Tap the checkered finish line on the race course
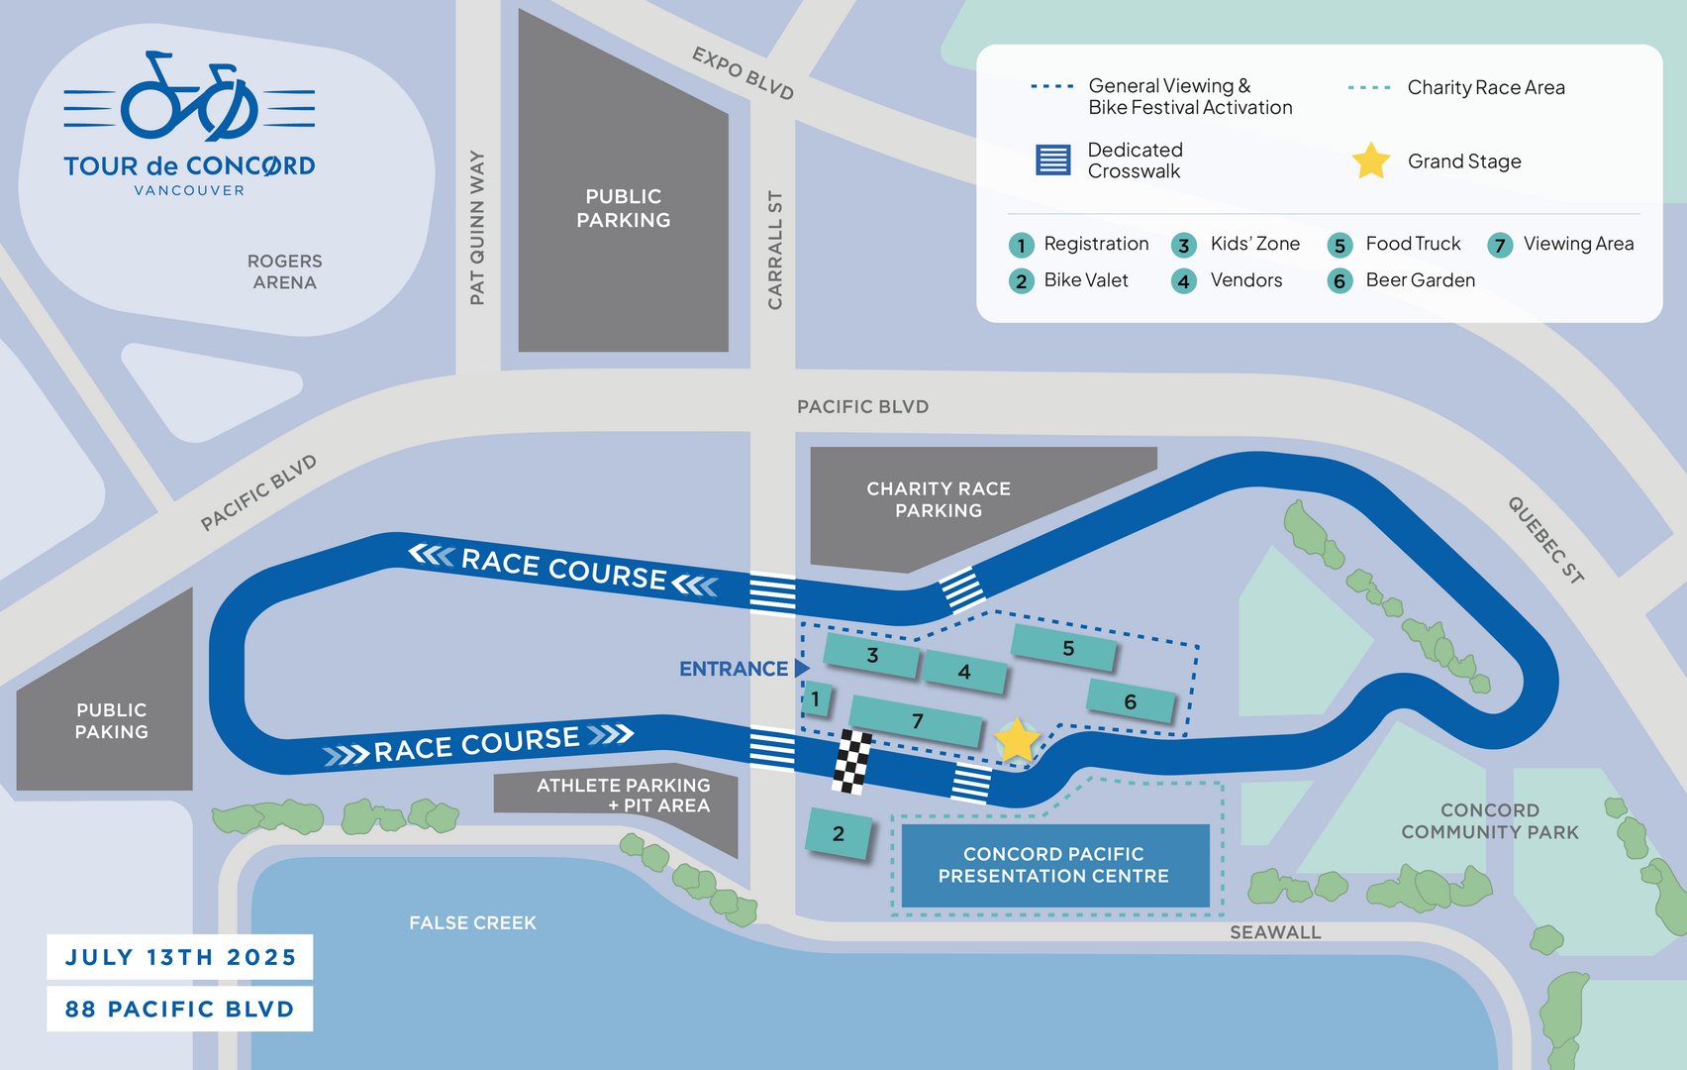(851, 761)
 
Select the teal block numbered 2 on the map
(839, 833)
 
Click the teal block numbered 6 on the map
(1131, 701)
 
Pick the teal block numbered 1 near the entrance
(817, 699)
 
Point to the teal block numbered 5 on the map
(1063, 647)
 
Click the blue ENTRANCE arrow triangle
(802, 668)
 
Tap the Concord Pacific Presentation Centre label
(1053, 865)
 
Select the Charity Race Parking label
(939, 498)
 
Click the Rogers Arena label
(285, 271)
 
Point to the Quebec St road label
(1545, 540)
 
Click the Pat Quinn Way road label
(477, 228)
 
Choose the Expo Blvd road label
(743, 73)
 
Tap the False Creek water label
(473, 922)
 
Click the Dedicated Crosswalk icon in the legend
(1052, 160)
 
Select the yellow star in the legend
(1370, 160)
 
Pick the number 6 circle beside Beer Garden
(1340, 281)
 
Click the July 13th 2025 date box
(180, 957)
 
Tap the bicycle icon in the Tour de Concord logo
(189, 96)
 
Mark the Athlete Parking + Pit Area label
(623, 795)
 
